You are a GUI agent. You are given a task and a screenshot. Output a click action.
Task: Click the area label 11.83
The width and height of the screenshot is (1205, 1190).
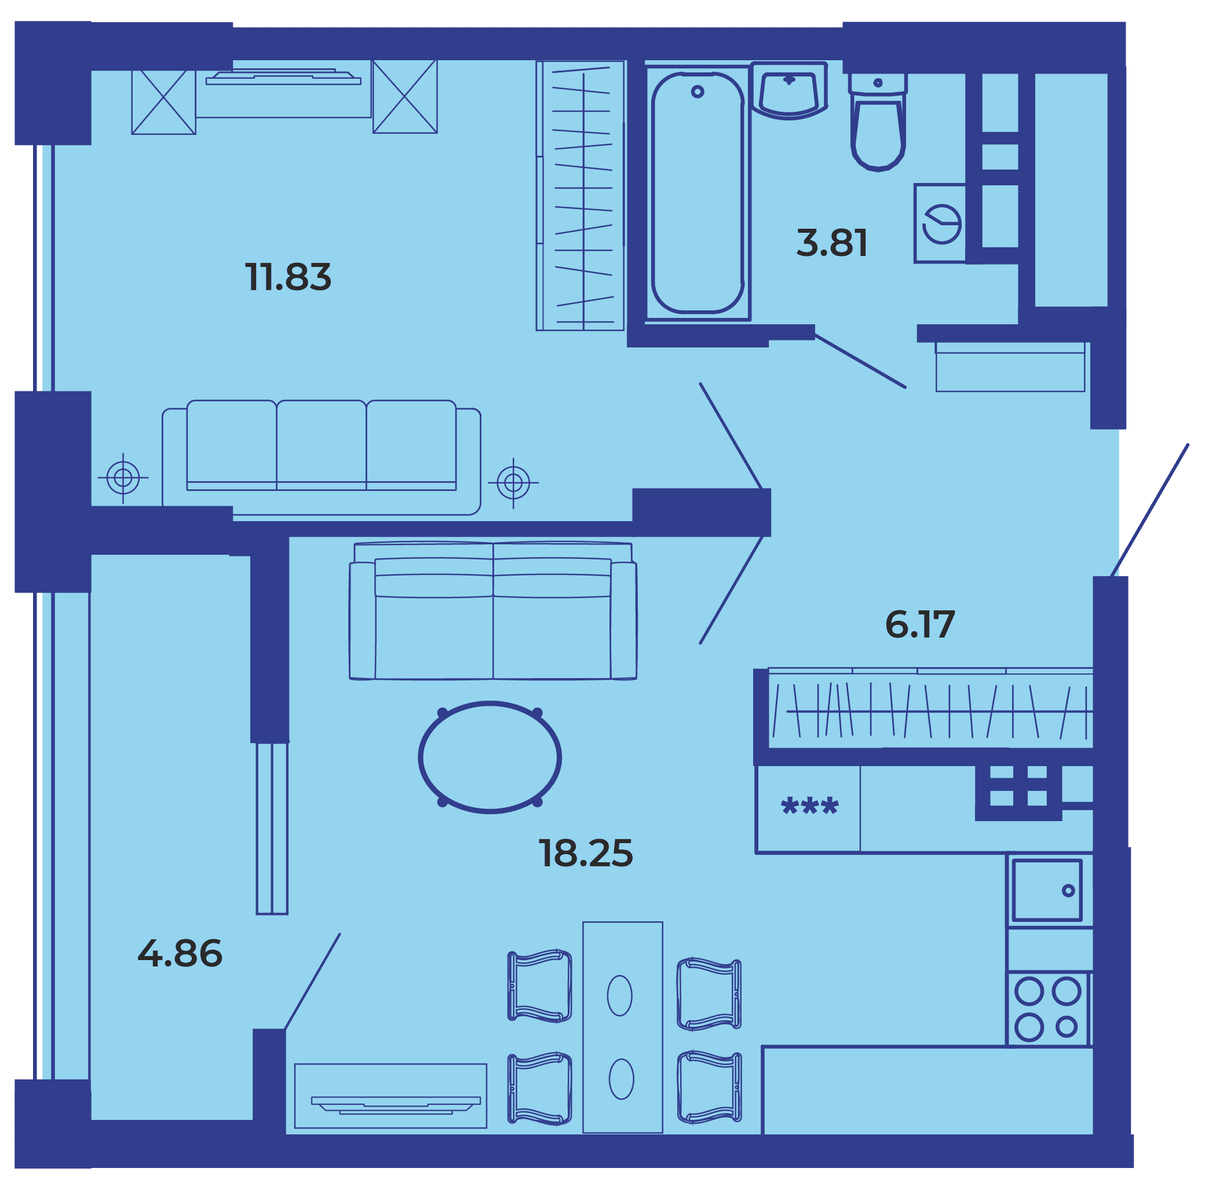coord(288,277)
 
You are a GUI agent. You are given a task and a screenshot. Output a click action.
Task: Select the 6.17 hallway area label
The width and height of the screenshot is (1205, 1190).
coord(920,624)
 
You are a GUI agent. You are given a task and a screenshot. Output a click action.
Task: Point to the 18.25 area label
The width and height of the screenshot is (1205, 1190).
coord(586,853)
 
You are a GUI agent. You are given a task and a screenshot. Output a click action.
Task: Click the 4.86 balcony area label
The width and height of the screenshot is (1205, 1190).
coord(180,953)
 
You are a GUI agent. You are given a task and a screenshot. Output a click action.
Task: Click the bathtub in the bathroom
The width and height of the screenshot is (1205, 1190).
coord(698,193)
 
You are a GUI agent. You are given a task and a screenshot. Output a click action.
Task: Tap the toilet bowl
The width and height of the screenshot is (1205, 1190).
coord(878,122)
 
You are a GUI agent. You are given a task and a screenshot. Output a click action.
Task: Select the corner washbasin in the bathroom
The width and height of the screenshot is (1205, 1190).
coord(789,90)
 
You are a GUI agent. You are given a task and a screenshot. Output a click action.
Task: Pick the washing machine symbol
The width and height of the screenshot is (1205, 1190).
coord(940,223)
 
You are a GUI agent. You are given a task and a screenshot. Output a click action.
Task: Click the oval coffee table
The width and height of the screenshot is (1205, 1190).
coord(490,757)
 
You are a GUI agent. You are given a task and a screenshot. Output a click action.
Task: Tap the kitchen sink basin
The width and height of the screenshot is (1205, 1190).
coord(1047,890)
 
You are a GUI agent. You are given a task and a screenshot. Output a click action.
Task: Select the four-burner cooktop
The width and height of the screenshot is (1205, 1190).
coord(1048,1009)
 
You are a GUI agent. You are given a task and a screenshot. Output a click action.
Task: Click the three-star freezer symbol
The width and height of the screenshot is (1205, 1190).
coord(809,806)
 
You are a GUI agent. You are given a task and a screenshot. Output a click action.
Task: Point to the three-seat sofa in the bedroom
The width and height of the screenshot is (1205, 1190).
coord(321,457)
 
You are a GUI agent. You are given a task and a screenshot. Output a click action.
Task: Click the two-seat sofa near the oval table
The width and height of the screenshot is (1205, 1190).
coord(493,611)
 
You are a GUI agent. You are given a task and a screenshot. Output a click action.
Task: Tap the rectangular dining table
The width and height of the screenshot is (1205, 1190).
coord(622,1027)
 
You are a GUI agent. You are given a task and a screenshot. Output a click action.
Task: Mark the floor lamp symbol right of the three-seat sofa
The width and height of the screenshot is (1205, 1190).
coord(513,482)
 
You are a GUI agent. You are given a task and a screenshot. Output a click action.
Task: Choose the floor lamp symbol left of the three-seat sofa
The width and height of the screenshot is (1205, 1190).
coord(123,478)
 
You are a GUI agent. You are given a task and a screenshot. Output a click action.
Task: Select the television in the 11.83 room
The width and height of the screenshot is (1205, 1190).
coord(283,78)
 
